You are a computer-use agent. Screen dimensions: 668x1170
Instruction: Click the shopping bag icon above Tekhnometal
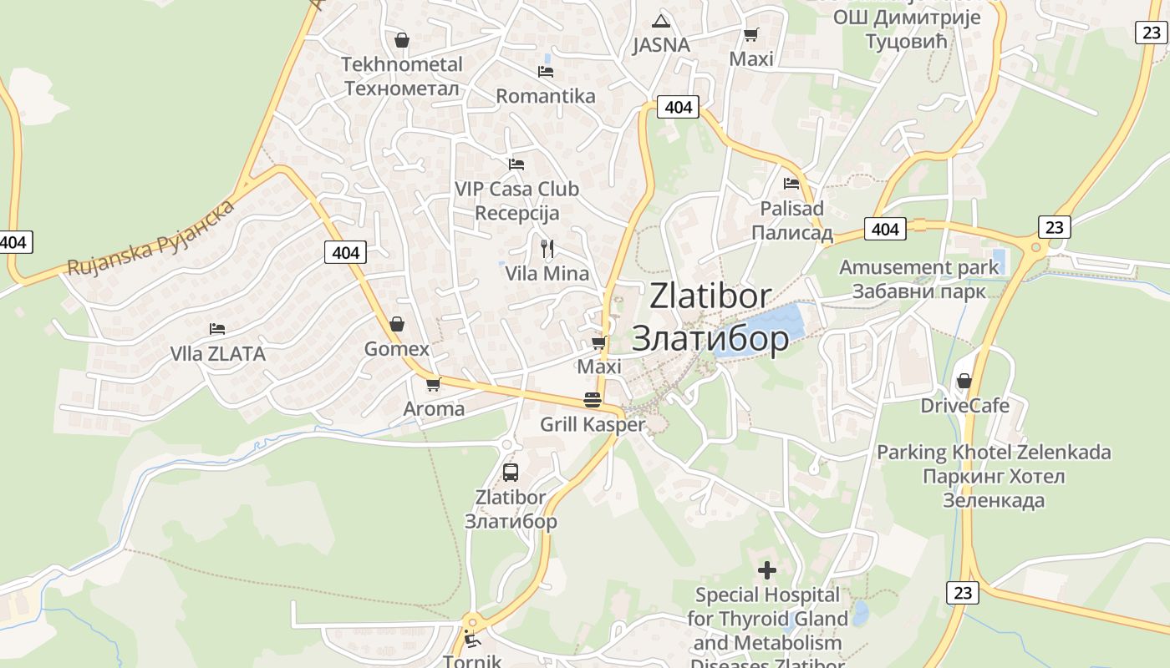click(x=401, y=40)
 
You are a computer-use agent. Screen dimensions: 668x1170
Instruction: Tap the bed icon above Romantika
click(x=546, y=72)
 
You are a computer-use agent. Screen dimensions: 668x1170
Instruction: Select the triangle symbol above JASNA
click(x=661, y=21)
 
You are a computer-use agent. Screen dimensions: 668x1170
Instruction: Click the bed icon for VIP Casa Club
click(x=516, y=164)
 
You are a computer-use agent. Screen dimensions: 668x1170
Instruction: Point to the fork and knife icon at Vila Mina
click(x=547, y=249)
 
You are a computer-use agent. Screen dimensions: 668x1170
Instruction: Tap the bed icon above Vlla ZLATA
click(x=217, y=329)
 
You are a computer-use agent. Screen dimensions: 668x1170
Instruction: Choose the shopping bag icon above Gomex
click(x=397, y=324)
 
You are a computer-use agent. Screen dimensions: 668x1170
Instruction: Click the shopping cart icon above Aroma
click(x=433, y=385)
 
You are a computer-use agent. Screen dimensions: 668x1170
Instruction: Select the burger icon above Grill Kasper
click(x=593, y=400)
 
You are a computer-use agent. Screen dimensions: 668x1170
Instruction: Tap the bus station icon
click(x=511, y=473)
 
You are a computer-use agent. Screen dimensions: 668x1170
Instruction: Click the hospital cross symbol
click(x=767, y=571)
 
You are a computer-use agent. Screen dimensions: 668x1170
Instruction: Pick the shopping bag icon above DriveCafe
click(x=964, y=382)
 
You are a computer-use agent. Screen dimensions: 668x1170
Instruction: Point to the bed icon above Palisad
click(x=791, y=184)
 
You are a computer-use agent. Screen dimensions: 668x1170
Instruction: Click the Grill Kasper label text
click(x=593, y=424)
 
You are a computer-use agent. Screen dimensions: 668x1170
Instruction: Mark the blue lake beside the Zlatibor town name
click(x=760, y=330)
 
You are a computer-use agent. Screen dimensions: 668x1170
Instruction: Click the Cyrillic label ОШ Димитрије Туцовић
click(x=906, y=29)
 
